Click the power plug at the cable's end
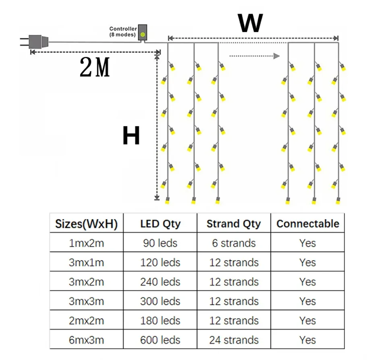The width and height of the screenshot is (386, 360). click(x=35, y=42)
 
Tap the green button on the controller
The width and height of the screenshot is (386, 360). click(x=143, y=35)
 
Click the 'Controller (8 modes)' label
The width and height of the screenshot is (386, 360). click(x=123, y=32)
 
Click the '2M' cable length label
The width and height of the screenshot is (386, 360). click(x=95, y=67)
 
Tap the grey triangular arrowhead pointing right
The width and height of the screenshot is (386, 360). click(x=276, y=56)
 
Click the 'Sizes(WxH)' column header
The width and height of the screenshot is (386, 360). click(x=86, y=223)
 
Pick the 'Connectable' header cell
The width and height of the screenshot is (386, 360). click(x=308, y=223)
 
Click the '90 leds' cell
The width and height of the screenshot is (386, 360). click(x=160, y=243)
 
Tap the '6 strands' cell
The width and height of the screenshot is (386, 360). click(x=234, y=243)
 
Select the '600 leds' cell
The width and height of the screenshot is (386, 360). click(x=160, y=340)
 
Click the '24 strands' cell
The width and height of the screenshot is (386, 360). click(x=234, y=340)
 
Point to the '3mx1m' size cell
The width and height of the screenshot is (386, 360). click(x=86, y=263)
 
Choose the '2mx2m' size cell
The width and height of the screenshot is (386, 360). click(x=86, y=321)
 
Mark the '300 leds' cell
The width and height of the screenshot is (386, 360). click(x=160, y=301)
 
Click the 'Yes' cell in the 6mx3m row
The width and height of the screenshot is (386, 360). click(x=307, y=340)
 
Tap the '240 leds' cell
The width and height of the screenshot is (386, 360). click(x=160, y=282)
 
